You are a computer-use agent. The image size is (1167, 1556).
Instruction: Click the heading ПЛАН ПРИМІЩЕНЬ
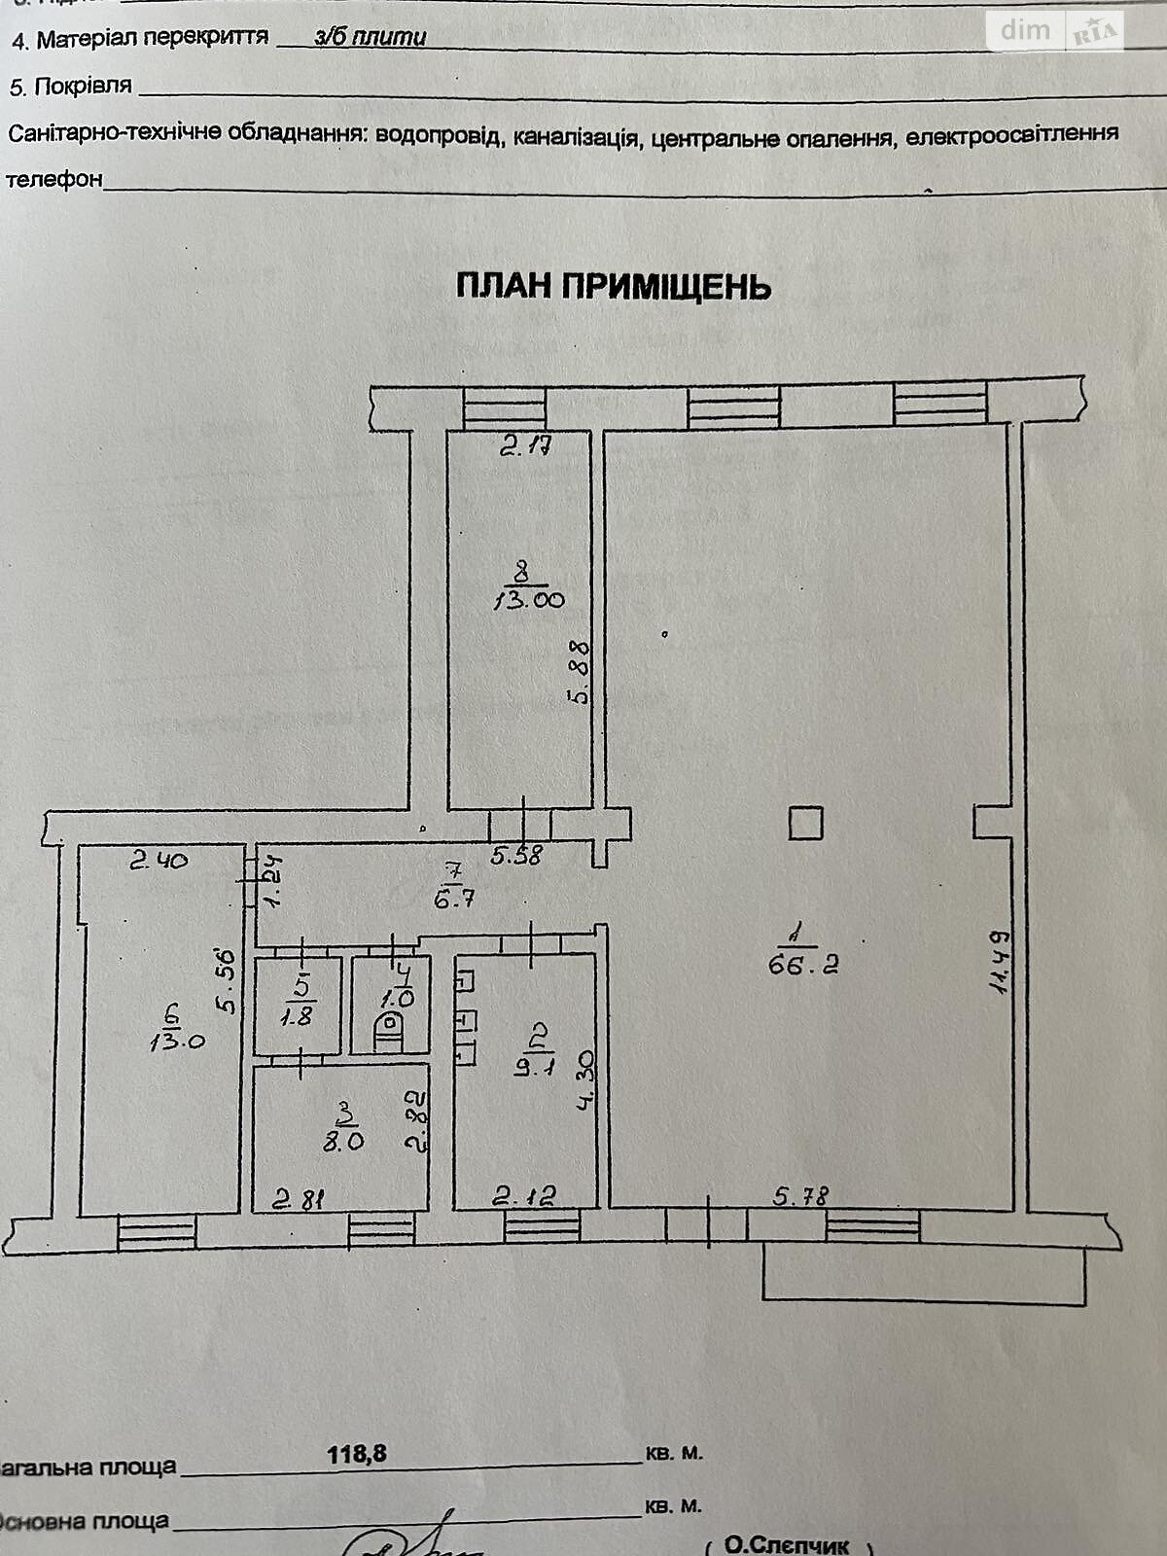pyautogui.click(x=613, y=287)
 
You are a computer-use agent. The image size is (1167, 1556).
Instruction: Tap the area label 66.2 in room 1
pyautogui.click(x=803, y=965)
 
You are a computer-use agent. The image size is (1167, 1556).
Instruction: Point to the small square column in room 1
pyautogui.click(x=805, y=824)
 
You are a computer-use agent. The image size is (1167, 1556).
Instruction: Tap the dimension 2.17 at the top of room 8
pyautogui.click(x=526, y=447)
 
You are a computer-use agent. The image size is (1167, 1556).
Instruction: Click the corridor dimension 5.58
pyautogui.click(x=517, y=856)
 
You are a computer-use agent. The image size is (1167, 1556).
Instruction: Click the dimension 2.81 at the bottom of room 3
pyautogui.click(x=297, y=1199)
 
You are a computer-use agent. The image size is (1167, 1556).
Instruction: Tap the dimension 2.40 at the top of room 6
pyautogui.click(x=159, y=860)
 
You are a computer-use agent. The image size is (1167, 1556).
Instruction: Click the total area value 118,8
pyautogui.click(x=357, y=1453)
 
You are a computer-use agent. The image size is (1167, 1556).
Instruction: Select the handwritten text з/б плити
pyautogui.click(x=371, y=37)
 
